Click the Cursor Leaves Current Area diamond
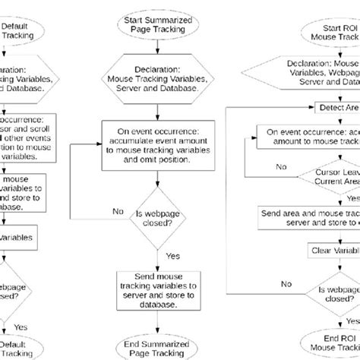[327, 177]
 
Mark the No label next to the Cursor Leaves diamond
[281, 165]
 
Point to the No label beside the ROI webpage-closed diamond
[286, 283]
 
